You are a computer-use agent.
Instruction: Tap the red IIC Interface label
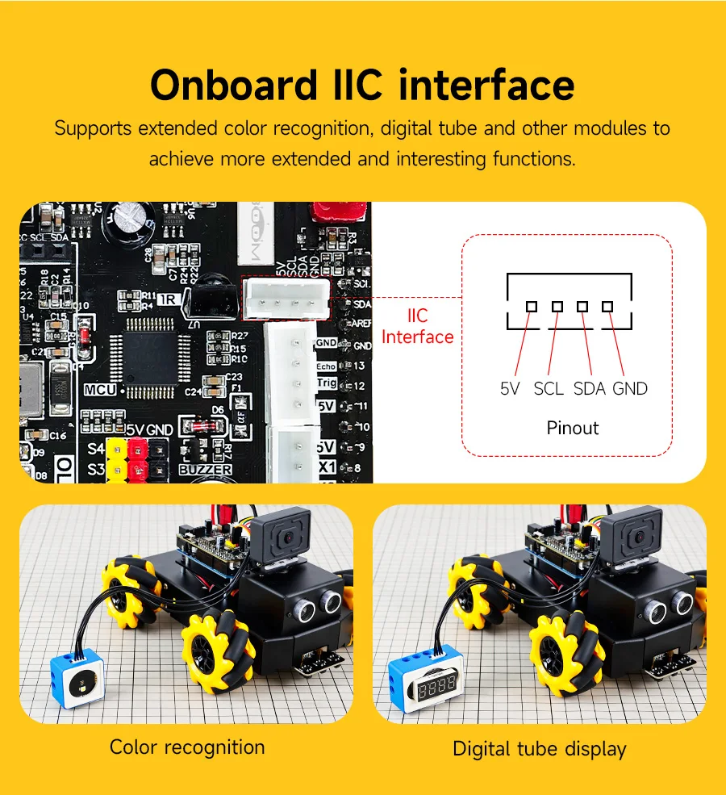pos(417,326)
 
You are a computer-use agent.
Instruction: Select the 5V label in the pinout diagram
pos(511,388)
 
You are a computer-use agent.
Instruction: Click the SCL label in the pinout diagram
pos(549,388)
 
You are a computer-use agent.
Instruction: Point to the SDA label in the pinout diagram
pos(589,388)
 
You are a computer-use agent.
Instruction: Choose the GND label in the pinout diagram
pos(630,388)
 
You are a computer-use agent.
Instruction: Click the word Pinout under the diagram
pos(573,427)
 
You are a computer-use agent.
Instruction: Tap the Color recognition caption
pos(187,747)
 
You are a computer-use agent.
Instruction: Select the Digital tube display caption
pos(539,748)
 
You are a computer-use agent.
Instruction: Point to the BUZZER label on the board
pos(205,469)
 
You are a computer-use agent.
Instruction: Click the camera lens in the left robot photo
pos(285,535)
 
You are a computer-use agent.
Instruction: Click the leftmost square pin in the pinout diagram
pos(532,307)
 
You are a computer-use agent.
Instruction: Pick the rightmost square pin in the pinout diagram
pos(607,307)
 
